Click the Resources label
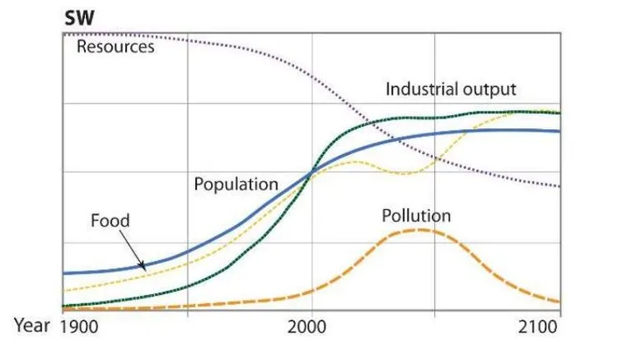point(115,47)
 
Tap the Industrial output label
point(451,89)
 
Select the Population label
point(236,184)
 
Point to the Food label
point(110,221)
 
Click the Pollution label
point(416,217)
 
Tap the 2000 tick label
point(310,326)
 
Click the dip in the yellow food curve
point(414,173)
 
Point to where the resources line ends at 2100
point(559,186)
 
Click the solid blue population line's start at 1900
point(64,272)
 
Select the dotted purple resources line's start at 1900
point(64,33)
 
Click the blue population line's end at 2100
point(559,131)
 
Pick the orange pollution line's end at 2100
point(559,302)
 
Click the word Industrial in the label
point(419,89)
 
